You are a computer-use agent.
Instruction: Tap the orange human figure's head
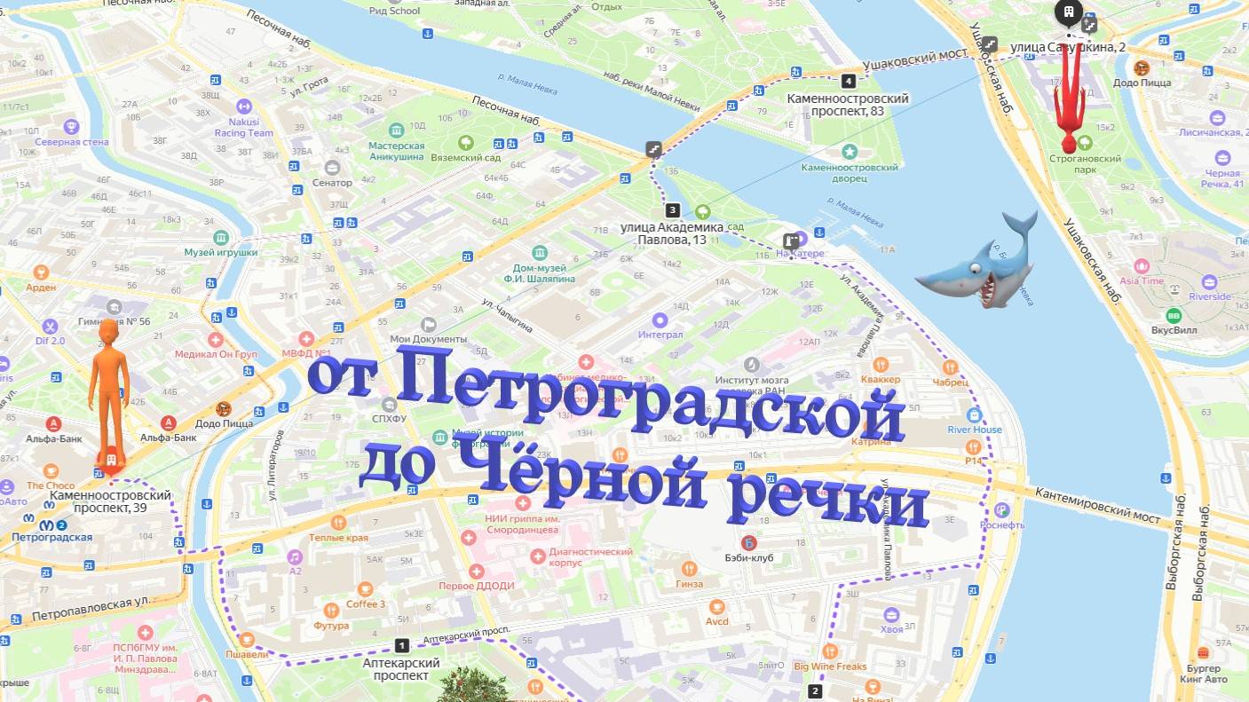click(x=108, y=334)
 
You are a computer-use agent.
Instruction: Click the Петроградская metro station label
click(x=52, y=537)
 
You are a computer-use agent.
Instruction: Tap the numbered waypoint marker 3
click(x=673, y=210)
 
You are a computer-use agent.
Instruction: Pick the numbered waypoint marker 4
click(x=849, y=81)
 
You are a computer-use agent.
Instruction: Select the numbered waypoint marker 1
click(x=401, y=645)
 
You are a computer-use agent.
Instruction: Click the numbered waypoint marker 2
click(x=815, y=690)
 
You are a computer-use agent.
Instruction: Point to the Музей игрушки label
click(x=221, y=252)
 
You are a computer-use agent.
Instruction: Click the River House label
click(x=975, y=430)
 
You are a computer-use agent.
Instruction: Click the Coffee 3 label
click(x=365, y=604)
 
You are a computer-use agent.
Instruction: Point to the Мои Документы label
click(x=428, y=339)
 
